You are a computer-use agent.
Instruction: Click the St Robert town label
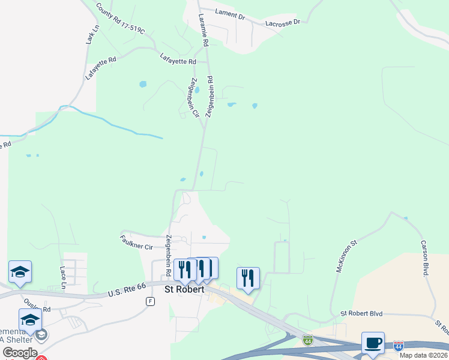185,289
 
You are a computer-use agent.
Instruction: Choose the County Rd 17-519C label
120,19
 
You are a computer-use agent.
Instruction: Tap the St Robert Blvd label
361,313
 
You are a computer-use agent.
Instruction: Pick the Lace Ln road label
62,277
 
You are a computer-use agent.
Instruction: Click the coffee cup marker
373,343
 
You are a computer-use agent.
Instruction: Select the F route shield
150,301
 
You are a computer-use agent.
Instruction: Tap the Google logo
20,353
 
